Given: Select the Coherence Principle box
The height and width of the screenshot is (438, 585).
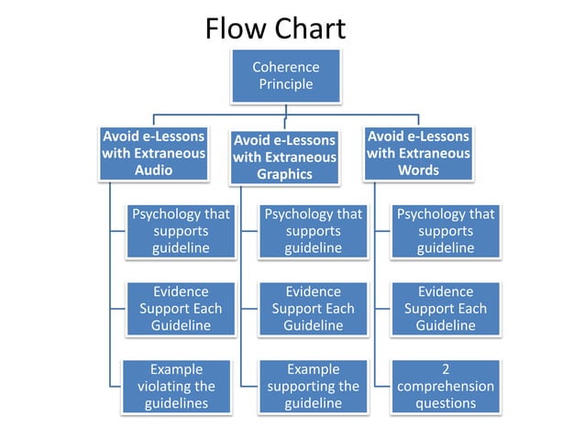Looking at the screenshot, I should (x=285, y=76).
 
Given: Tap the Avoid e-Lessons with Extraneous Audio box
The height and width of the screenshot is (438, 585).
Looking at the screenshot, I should (x=153, y=153).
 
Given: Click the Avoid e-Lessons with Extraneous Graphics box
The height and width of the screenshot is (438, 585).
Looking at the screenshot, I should (x=284, y=157).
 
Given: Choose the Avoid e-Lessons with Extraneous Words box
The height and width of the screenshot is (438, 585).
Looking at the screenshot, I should (x=418, y=153).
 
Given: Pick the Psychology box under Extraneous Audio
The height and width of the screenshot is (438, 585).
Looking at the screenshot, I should (x=181, y=231).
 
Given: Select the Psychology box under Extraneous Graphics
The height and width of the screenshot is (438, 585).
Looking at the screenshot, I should (x=314, y=231).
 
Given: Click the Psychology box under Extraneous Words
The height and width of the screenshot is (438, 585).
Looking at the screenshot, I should (x=446, y=231).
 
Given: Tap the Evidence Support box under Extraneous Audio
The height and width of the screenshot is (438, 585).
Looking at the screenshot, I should (x=181, y=309).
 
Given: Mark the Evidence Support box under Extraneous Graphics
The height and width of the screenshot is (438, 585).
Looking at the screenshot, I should (x=314, y=309).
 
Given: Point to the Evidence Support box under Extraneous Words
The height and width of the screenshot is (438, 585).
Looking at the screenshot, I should (x=446, y=309).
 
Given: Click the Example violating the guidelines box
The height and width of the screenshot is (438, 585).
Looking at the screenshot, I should (x=181, y=386).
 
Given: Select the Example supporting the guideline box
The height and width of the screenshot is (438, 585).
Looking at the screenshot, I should (x=314, y=386).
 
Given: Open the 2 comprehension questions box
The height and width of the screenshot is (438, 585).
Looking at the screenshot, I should (x=446, y=386).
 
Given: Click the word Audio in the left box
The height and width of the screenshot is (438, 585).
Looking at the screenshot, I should (x=153, y=170).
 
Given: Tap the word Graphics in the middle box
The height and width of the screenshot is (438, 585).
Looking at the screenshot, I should (x=284, y=174).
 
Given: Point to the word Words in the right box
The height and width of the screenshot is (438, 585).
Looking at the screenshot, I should (x=418, y=170).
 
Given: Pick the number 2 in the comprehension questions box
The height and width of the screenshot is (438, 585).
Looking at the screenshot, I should (x=446, y=369).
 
